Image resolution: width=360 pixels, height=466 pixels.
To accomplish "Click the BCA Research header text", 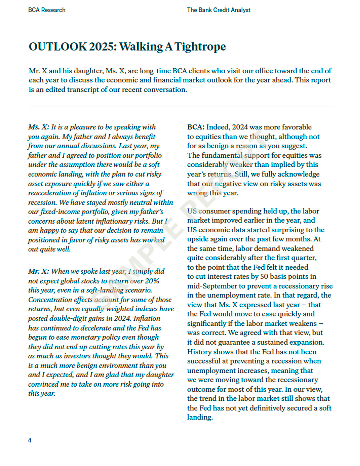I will click(x=47, y=10).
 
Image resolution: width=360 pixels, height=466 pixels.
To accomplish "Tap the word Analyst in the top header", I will click(x=240, y=10).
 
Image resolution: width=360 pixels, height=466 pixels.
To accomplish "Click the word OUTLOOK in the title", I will click(x=58, y=47).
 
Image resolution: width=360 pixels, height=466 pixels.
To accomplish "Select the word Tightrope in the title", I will click(x=200, y=47).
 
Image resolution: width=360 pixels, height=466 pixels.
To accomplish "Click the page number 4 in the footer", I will click(x=30, y=440).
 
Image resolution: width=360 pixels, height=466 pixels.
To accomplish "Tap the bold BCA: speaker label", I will click(x=196, y=127).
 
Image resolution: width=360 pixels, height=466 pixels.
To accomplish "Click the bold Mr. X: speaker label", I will click(x=39, y=271).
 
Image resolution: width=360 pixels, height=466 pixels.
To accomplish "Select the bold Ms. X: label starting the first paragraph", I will click(x=39, y=127).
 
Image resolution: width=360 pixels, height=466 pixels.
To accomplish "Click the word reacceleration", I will click(x=49, y=193).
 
